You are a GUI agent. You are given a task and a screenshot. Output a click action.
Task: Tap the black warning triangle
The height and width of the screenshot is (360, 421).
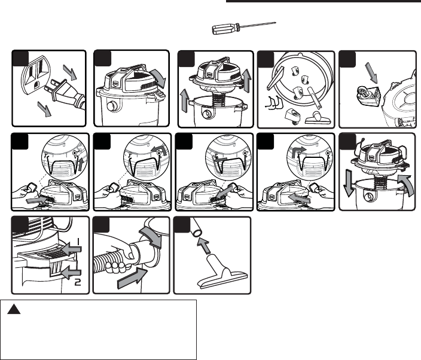tap(14, 310)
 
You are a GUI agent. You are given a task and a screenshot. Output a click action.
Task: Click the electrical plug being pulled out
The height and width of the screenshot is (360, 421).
tap(65, 93)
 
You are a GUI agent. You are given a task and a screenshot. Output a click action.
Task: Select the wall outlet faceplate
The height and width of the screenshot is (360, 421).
tap(35, 75)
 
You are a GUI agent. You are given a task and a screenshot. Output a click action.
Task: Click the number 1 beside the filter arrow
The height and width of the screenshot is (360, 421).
tap(78, 242)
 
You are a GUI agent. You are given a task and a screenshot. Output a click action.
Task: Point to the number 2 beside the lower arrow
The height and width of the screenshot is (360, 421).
tap(78, 282)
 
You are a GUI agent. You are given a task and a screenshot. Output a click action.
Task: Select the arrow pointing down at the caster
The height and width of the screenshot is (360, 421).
tap(371, 73)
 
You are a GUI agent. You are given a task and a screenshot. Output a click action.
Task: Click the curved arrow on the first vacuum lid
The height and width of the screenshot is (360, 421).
tap(158, 77)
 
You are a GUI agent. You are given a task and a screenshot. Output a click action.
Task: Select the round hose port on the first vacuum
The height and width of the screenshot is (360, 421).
tap(111, 106)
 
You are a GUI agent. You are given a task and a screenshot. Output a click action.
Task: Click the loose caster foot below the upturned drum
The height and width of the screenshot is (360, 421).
tap(293, 116)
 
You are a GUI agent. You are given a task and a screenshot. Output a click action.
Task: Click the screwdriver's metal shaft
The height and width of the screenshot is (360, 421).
tap(258, 25)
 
